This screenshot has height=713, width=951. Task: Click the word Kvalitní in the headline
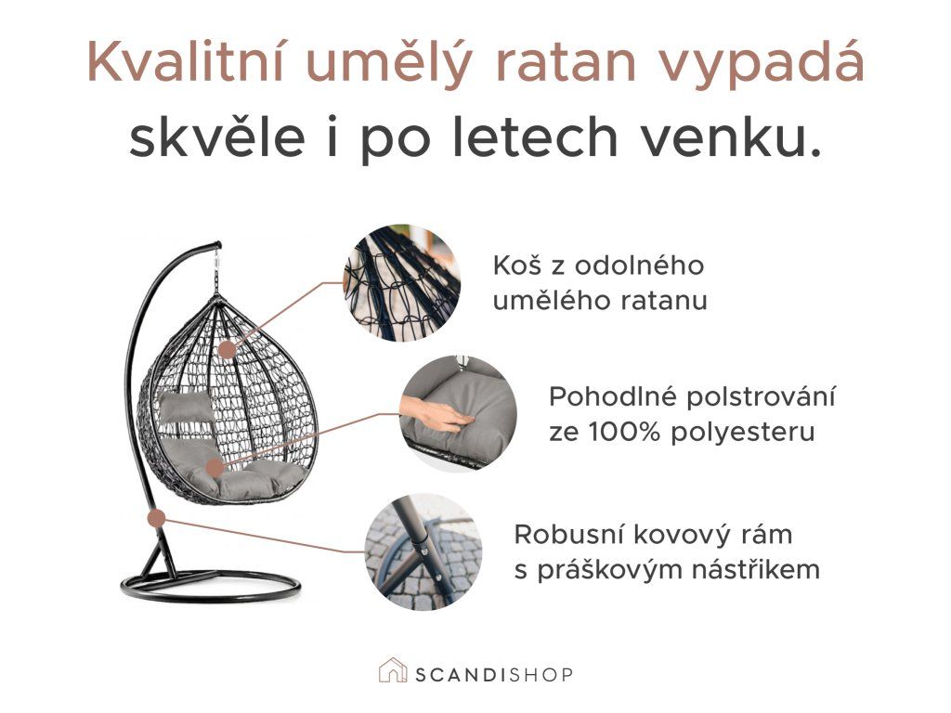click(x=186, y=62)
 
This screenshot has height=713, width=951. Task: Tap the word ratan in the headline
click(x=567, y=63)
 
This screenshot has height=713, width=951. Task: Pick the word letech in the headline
click(x=536, y=137)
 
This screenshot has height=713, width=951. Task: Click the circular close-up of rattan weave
click(x=401, y=283)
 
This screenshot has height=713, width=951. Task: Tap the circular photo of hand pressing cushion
click(x=459, y=414)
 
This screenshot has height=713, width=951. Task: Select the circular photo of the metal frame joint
click(x=423, y=551)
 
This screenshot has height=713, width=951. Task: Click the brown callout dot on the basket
click(x=228, y=350)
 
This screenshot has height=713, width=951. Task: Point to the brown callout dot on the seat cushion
click(x=215, y=468)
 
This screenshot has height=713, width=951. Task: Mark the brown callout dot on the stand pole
click(x=156, y=518)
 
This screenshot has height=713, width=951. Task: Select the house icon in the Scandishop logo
click(x=393, y=670)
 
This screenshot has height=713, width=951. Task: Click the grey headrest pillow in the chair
click(x=186, y=407)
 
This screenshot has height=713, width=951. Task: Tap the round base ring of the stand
click(x=210, y=587)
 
